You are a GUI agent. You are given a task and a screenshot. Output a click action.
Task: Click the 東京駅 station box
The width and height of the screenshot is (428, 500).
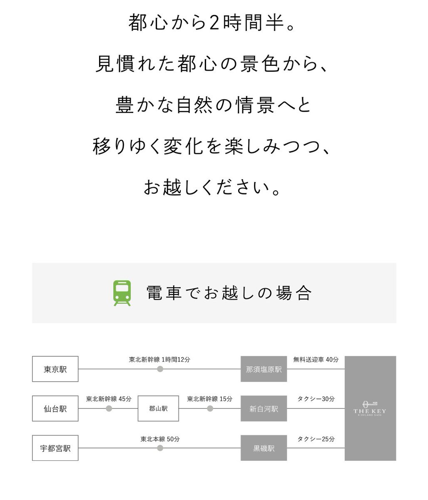click(55, 369)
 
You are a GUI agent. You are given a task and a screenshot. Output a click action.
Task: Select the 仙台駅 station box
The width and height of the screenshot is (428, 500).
click(55, 409)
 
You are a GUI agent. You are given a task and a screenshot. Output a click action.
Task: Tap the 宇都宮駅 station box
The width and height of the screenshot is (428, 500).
click(55, 448)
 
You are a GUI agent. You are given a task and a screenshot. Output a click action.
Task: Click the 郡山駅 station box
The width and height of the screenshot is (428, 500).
click(158, 409)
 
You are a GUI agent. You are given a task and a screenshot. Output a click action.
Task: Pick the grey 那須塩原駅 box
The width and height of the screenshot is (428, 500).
click(264, 369)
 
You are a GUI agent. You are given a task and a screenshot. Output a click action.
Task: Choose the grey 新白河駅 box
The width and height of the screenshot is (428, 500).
click(264, 409)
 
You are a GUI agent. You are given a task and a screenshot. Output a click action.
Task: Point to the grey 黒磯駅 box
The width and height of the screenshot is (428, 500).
click(264, 448)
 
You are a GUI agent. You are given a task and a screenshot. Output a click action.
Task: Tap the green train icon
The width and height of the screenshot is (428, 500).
click(122, 293)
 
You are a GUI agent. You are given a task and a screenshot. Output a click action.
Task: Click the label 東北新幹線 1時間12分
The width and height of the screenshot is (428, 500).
click(159, 359)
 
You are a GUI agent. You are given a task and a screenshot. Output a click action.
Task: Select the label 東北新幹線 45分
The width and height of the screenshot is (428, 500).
click(109, 399)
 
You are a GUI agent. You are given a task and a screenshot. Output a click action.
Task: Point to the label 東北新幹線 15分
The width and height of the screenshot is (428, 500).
click(209, 399)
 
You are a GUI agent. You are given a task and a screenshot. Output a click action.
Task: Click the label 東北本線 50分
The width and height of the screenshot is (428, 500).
click(160, 439)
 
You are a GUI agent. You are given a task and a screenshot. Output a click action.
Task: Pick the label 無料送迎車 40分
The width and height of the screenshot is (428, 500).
click(316, 359)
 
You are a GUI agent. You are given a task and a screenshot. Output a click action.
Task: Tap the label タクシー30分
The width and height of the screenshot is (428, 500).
click(316, 399)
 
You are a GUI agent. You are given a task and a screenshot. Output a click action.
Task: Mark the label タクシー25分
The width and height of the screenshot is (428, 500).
click(316, 439)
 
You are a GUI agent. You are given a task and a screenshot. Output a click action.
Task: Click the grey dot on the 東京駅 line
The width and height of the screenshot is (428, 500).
click(160, 369)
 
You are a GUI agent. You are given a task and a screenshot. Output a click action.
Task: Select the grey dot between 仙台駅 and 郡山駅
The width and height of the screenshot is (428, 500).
click(109, 409)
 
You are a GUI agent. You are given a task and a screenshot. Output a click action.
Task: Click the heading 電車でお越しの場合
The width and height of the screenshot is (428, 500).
click(229, 293)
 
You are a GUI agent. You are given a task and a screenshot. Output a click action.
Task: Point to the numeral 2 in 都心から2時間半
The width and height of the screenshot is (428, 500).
click(214, 23)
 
